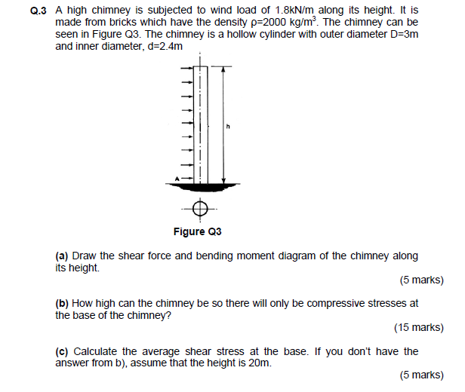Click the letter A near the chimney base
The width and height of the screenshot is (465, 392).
click(x=178, y=178)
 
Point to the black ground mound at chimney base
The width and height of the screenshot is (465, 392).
click(x=201, y=184)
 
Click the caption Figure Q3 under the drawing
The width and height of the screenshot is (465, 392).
click(x=200, y=231)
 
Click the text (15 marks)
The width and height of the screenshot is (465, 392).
click(x=418, y=327)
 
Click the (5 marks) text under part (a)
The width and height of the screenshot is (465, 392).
click(x=420, y=280)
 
